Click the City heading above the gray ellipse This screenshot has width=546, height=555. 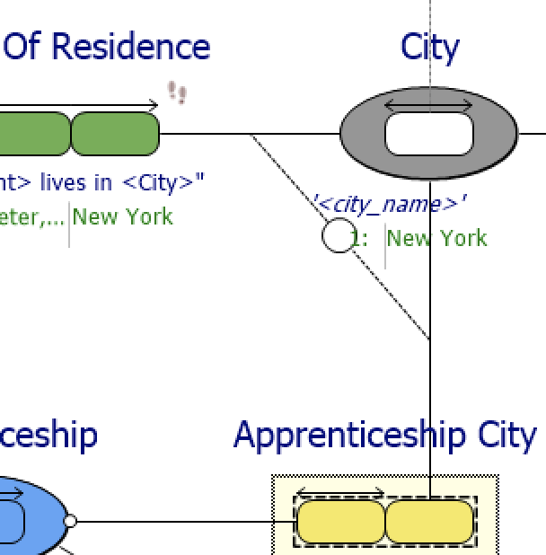(x=429, y=47)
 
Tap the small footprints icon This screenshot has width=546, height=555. (x=177, y=92)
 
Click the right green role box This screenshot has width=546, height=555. (x=115, y=134)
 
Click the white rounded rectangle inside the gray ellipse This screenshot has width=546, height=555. (x=429, y=135)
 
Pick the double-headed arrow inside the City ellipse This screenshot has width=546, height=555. (x=429, y=106)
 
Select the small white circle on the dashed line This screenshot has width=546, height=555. (x=338, y=237)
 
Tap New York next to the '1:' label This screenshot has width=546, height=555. (x=437, y=238)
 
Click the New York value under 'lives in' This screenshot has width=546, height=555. (x=123, y=216)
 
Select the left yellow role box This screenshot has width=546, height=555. (x=340, y=522)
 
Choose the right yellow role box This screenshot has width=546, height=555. (x=429, y=522)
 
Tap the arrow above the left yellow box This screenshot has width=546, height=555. (x=340, y=493)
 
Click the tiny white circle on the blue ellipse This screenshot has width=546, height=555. (x=70, y=521)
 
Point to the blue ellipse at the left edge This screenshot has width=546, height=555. (x=27, y=516)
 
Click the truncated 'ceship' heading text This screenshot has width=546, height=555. (x=48, y=435)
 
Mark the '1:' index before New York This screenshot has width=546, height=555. (x=359, y=238)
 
